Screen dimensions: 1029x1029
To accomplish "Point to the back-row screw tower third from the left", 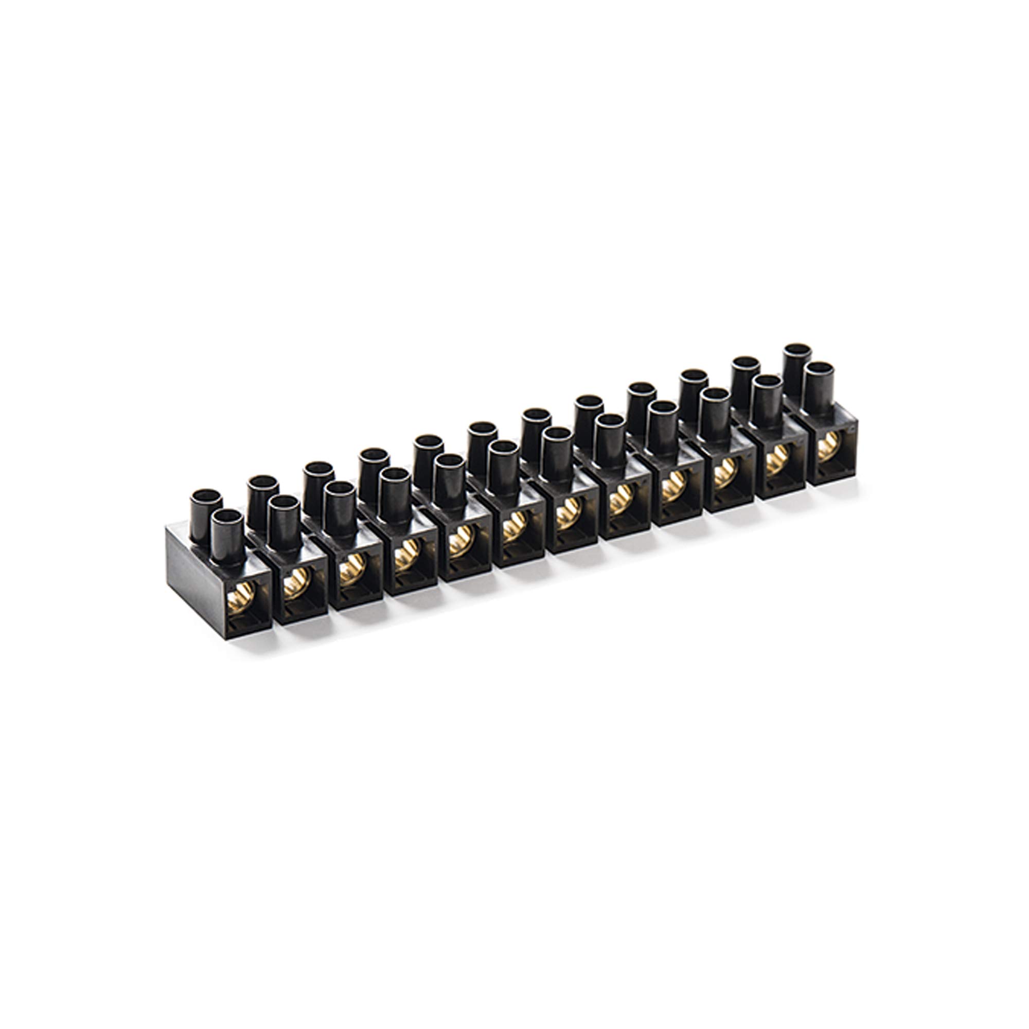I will [318, 480].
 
